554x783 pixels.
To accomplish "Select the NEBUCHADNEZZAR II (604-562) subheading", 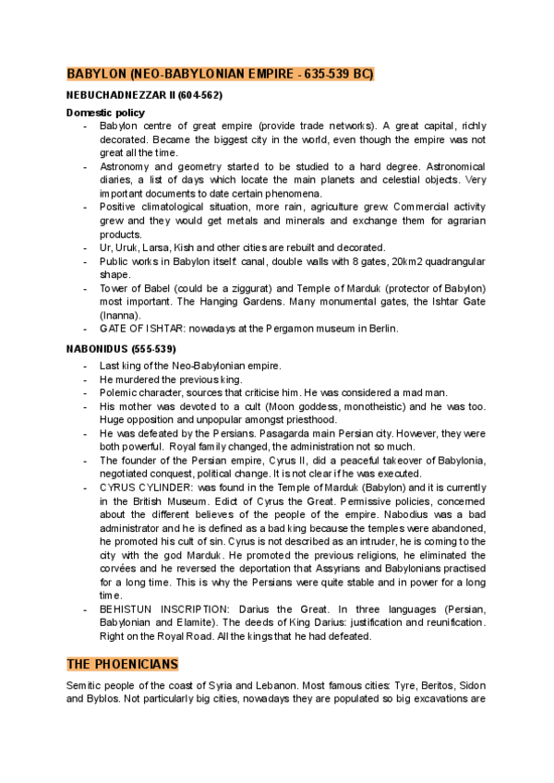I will [x=144, y=95].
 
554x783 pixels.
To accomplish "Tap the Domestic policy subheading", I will [x=104, y=112].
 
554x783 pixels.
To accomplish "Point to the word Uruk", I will [x=135, y=247].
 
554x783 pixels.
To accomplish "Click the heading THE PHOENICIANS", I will [x=122, y=665].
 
